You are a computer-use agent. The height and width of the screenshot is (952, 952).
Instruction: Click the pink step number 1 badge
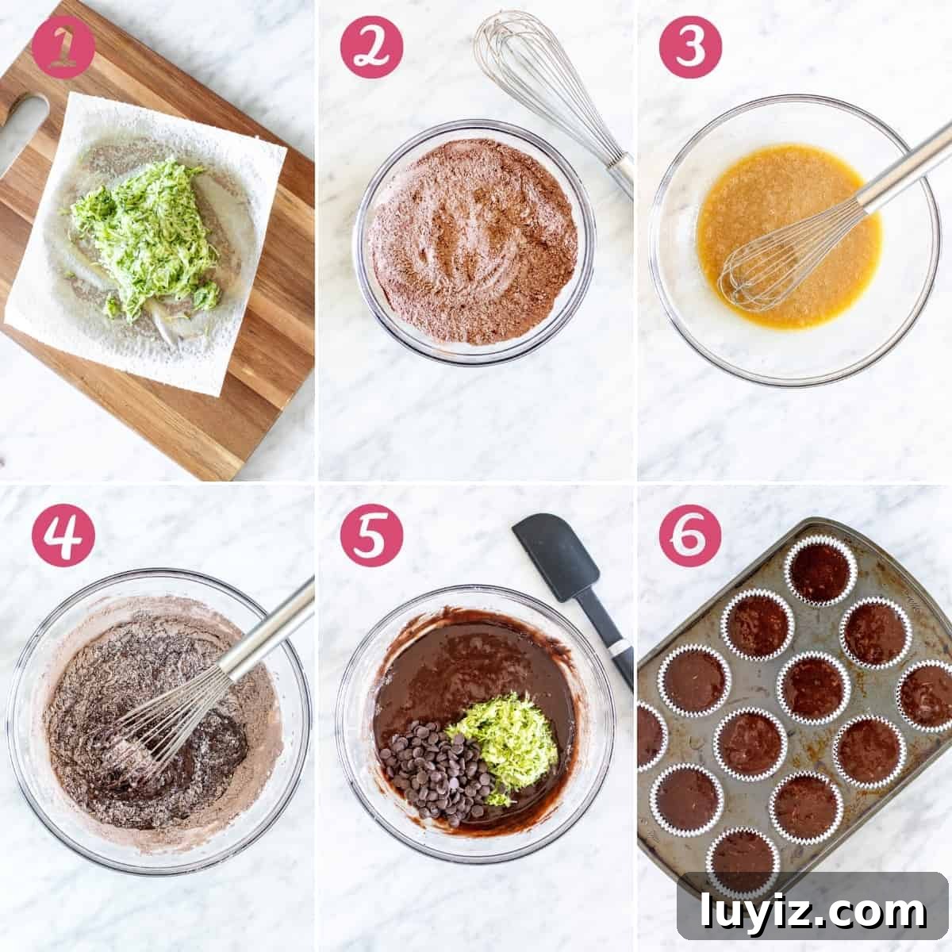[x=63, y=48]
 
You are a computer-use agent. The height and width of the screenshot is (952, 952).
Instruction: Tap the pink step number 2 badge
[x=371, y=48]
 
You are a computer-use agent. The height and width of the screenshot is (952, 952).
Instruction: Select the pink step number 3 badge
[x=691, y=48]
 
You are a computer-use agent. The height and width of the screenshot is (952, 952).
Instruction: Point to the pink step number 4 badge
[x=63, y=535]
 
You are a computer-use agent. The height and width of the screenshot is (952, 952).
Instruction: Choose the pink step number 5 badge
[x=371, y=535]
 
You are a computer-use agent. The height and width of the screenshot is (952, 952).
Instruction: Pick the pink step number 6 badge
[x=691, y=535]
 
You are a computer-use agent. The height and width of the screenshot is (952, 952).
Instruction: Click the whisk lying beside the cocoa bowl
[x=553, y=99]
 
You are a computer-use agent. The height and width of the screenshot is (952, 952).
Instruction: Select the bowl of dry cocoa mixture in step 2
[x=474, y=242]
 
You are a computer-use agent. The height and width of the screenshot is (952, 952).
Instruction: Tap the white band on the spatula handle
[x=620, y=647]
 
